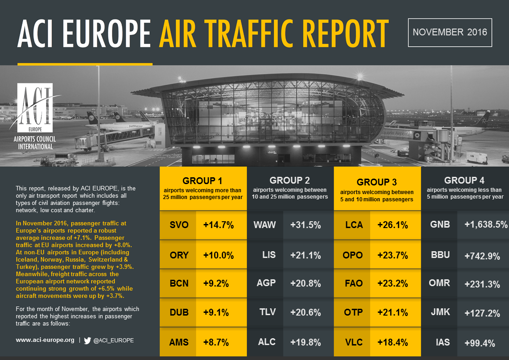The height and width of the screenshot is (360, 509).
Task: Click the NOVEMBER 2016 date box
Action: click(x=450, y=32)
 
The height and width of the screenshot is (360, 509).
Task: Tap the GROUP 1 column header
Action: click(x=202, y=180)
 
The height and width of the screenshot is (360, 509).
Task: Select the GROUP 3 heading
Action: click(x=377, y=182)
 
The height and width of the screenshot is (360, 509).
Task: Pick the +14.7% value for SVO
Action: click(x=218, y=225)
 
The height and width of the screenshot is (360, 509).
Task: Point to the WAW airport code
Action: click(x=265, y=225)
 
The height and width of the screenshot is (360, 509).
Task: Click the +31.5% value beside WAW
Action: click(x=306, y=225)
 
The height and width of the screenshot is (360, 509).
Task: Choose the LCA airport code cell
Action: click(x=354, y=225)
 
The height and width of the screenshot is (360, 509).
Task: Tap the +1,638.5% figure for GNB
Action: click(x=485, y=225)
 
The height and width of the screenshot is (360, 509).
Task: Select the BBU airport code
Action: click(x=440, y=255)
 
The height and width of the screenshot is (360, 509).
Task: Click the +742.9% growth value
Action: click(x=482, y=256)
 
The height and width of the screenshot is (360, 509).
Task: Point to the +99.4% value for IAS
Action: click(x=480, y=343)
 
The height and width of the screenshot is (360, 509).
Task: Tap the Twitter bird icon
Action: click(x=88, y=340)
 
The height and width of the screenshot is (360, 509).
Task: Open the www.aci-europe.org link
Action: click(x=45, y=340)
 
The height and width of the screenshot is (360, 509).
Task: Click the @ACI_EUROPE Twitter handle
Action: click(x=113, y=340)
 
